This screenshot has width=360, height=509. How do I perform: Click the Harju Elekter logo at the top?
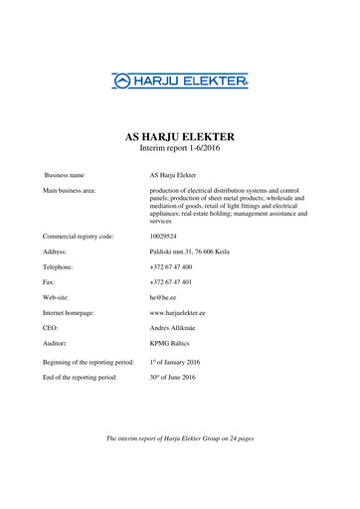tap(180, 80)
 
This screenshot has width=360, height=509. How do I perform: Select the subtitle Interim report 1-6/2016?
tap(180, 151)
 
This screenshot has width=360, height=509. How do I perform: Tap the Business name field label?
tap(64, 175)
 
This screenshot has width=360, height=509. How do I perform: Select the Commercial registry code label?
tap(78, 237)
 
